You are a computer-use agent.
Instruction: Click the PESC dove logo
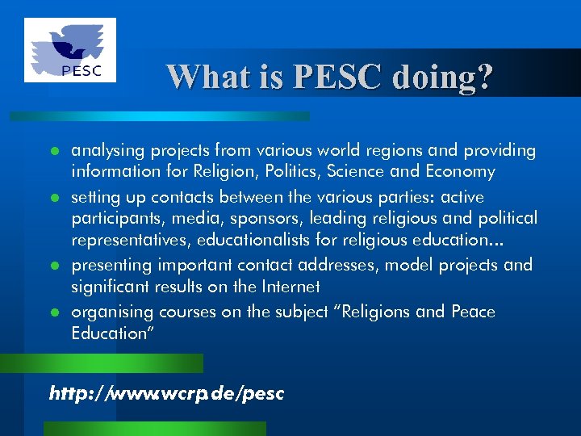coord(69,50)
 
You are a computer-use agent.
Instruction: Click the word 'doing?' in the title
coord(442,77)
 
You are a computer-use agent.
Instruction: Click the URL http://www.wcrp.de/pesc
coord(167,393)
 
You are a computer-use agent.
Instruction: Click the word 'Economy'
coord(458,172)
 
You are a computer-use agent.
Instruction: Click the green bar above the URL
coord(113,363)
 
